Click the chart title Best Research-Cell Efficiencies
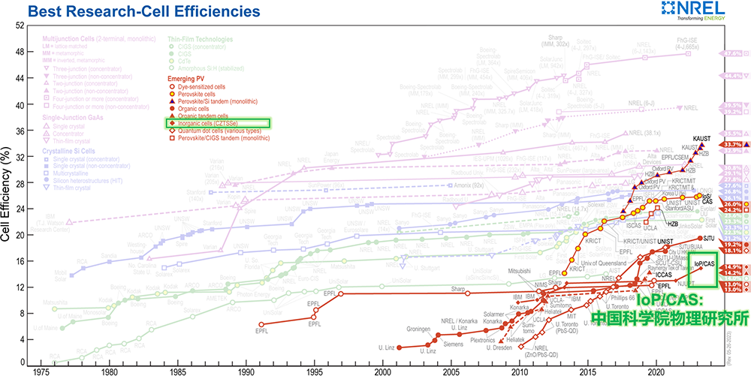pos(143,11)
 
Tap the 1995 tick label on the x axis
pos(246,370)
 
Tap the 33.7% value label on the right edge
pos(733,144)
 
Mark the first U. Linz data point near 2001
pos(398,347)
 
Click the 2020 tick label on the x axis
pos(656,370)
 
